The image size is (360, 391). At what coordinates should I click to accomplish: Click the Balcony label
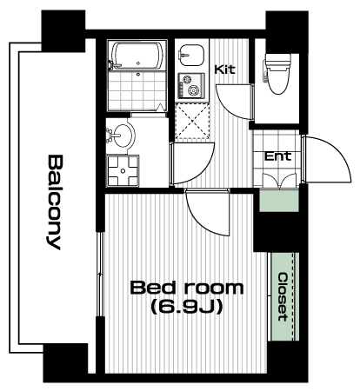55,202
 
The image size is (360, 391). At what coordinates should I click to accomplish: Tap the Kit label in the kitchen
225,70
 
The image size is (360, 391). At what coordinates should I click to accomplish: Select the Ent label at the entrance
277,156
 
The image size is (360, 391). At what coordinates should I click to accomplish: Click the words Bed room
187,288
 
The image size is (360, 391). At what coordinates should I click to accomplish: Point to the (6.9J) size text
187,307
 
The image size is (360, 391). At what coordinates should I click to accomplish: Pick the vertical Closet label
283,297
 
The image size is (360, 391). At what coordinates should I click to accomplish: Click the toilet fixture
277,74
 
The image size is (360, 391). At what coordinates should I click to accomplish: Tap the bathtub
137,56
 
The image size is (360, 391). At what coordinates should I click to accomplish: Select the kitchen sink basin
191,55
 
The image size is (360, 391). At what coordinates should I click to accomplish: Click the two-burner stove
191,86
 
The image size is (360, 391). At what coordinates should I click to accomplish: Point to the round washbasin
123,136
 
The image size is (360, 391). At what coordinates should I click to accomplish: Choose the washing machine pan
123,171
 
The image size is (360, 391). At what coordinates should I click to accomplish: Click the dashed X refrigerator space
192,121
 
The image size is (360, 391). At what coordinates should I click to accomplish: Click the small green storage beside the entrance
279,201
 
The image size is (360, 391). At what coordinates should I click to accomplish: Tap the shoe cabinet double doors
280,181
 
